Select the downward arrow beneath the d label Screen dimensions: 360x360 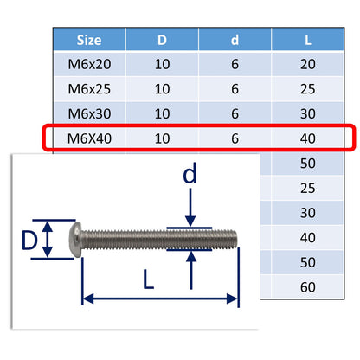pos(190,213)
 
